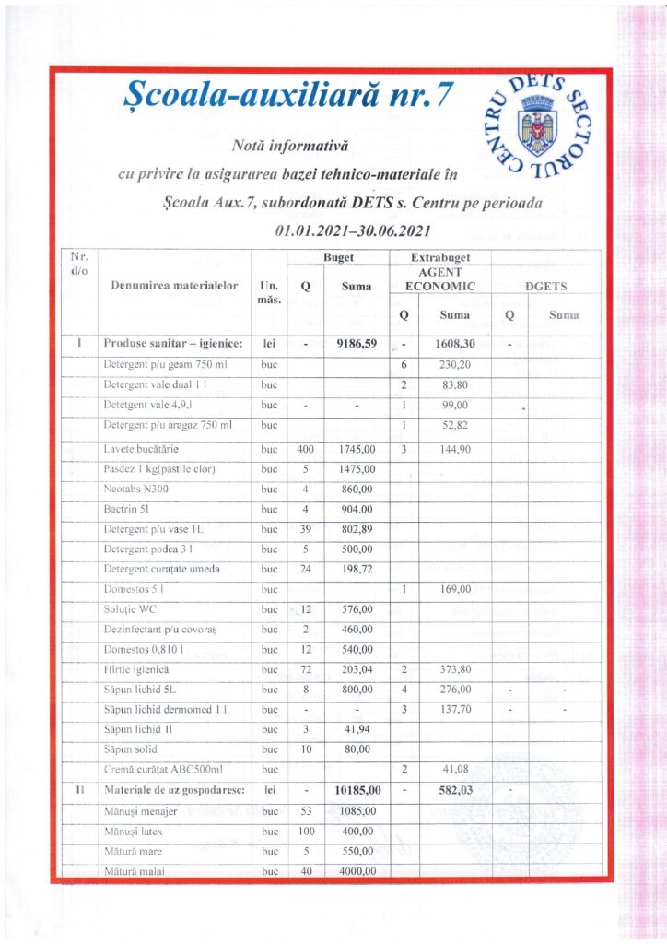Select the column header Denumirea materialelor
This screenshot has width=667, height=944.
pyautogui.click(x=174, y=287)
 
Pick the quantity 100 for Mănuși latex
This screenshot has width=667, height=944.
pyautogui.click(x=305, y=832)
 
